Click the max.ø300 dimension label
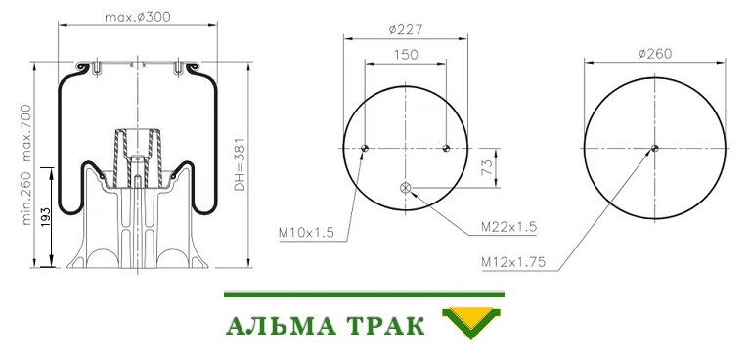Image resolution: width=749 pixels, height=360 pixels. [x=138, y=18]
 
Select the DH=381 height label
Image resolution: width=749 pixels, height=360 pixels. [x=240, y=164]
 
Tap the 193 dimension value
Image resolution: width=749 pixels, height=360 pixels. [x=46, y=217]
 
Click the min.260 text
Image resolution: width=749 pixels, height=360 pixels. [x=26, y=198]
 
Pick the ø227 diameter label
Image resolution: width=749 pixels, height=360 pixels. [x=406, y=29]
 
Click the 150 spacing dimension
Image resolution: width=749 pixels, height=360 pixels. [x=406, y=55]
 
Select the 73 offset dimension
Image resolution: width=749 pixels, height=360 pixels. [x=486, y=168]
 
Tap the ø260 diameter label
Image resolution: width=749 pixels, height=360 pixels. [x=655, y=54]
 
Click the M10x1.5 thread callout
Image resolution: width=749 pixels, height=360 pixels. [x=307, y=233]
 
